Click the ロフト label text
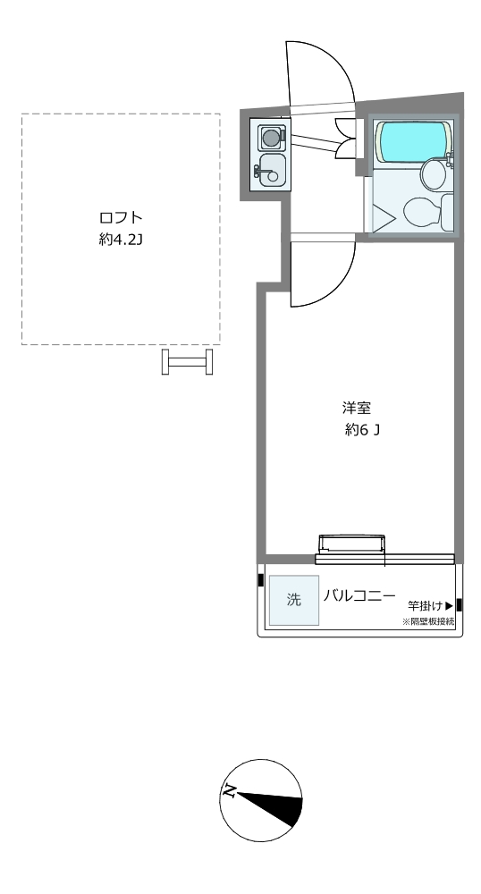click(x=120, y=218)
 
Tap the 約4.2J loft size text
click(x=120, y=240)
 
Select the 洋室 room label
click(x=357, y=409)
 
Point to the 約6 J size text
click(x=362, y=431)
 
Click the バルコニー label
click(x=359, y=596)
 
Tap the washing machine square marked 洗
click(x=293, y=601)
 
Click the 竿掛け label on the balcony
click(x=426, y=605)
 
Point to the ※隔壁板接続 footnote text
click(x=428, y=621)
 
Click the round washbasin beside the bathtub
click(x=435, y=173)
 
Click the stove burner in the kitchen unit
click(x=271, y=137)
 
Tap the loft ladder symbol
click(x=188, y=362)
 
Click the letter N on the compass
click(x=230, y=791)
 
